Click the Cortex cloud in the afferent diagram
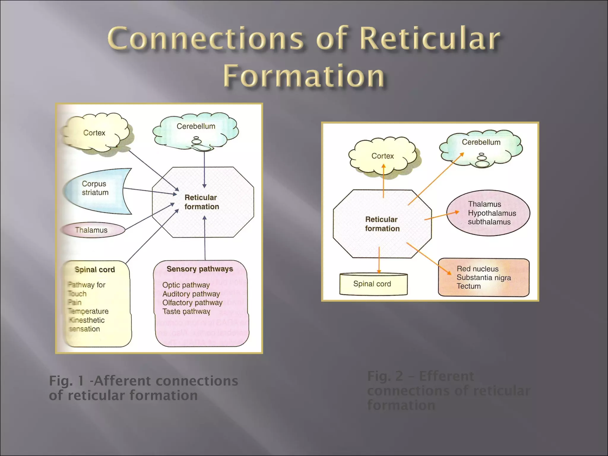(x=94, y=133)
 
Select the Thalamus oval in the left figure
(x=91, y=230)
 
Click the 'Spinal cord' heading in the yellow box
(x=95, y=270)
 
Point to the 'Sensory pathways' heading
(x=200, y=269)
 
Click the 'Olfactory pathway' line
(x=192, y=303)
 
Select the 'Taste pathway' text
(x=186, y=311)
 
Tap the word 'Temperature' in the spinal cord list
(x=88, y=311)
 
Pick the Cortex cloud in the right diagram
(x=382, y=156)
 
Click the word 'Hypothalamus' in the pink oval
(x=492, y=213)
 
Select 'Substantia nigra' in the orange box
(x=484, y=278)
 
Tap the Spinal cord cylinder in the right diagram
(x=372, y=284)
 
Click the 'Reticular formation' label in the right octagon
(x=382, y=224)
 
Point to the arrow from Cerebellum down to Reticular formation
(x=204, y=169)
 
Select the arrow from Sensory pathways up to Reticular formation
(x=205, y=237)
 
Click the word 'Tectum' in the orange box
(x=468, y=286)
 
